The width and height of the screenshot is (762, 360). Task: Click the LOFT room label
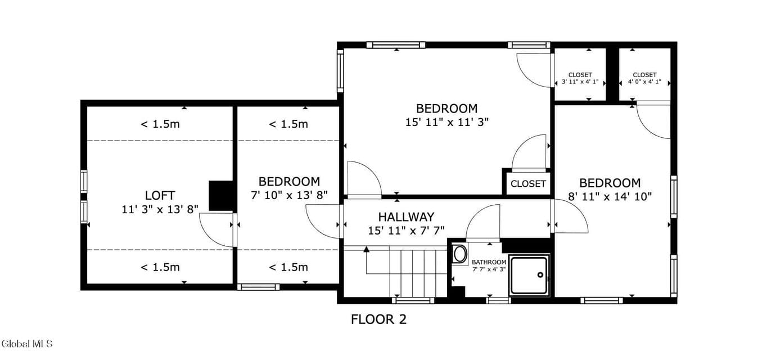pyautogui.click(x=160, y=195)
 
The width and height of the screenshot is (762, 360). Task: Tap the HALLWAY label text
pyautogui.click(x=406, y=217)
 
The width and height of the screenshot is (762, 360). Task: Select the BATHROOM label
pyautogui.click(x=489, y=262)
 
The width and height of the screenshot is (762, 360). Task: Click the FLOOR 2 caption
pyautogui.click(x=378, y=319)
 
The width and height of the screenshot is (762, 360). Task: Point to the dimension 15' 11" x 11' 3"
pyautogui.click(x=447, y=122)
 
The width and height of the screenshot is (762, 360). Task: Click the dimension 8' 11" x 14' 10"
pyautogui.click(x=610, y=197)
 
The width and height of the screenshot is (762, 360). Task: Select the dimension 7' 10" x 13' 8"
pyautogui.click(x=289, y=195)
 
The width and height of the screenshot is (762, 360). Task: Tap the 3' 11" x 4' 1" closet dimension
pyautogui.click(x=580, y=82)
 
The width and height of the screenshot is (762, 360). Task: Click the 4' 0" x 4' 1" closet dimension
pyautogui.click(x=644, y=82)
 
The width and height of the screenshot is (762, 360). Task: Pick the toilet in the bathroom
pyautogui.click(x=459, y=254)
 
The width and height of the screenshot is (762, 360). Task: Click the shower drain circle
pyautogui.click(x=540, y=275)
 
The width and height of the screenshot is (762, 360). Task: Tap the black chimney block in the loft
pyautogui.click(x=222, y=196)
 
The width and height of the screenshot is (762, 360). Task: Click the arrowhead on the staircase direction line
pyautogui.click(x=366, y=249)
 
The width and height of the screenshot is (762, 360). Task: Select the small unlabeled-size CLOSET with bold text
pyautogui.click(x=528, y=184)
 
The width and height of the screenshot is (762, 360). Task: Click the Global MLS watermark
pyautogui.click(x=26, y=344)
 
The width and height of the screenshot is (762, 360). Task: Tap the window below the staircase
pyautogui.click(x=413, y=300)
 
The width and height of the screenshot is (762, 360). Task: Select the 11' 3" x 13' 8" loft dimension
pyautogui.click(x=160, y=209)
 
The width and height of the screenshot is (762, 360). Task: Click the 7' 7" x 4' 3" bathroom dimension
pyautogui.click(x=489, y=269)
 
